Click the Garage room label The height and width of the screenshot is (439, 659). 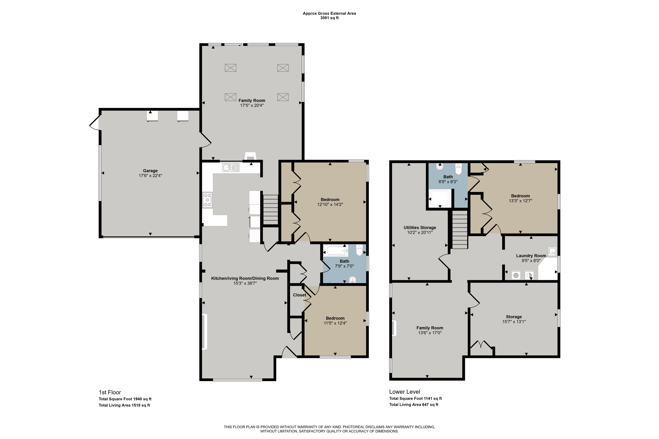point(150,170)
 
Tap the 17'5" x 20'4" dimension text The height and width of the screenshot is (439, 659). point(252,106)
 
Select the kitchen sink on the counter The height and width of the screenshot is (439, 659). point(231,167)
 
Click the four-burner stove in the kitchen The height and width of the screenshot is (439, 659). point(207,200)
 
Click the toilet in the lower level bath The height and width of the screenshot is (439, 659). point(458,169)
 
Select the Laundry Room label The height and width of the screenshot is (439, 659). point(531,256)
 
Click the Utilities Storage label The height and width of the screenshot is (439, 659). point(420,228)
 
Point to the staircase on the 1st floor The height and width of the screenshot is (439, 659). point(270,210)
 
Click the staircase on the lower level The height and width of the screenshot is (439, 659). point(460,230)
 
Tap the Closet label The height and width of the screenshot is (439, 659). point(299,295)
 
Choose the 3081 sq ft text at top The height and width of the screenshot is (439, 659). point(329,18)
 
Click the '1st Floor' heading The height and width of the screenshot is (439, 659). point(110,392)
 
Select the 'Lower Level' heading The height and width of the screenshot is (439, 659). point(405,392)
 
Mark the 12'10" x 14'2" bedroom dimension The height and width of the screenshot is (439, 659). point(330,204)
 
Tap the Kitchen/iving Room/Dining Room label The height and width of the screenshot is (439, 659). point(245,278)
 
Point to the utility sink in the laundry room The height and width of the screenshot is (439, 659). point(552,251)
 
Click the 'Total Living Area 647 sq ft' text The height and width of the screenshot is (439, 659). point(414,405)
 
